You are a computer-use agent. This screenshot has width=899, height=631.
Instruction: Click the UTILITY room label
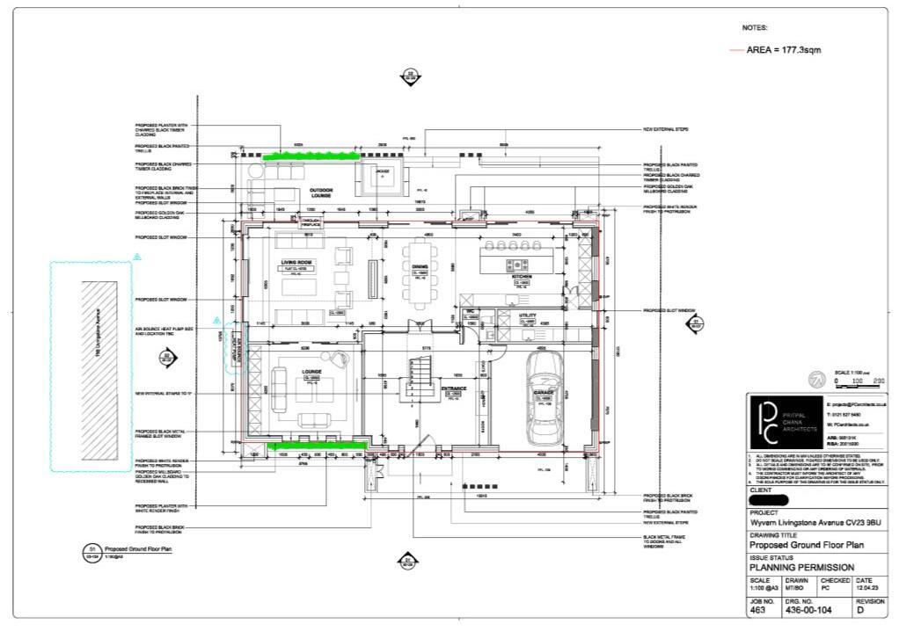coord(528,315)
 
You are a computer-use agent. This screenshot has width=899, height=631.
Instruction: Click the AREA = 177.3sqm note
coord(783,50)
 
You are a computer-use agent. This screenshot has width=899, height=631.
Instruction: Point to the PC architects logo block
coord(784,422)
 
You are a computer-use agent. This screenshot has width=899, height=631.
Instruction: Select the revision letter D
coord(859,608)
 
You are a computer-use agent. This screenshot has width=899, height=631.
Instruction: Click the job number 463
coord(758,608)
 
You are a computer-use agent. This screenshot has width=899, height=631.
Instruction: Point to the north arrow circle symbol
coord(815,380)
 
